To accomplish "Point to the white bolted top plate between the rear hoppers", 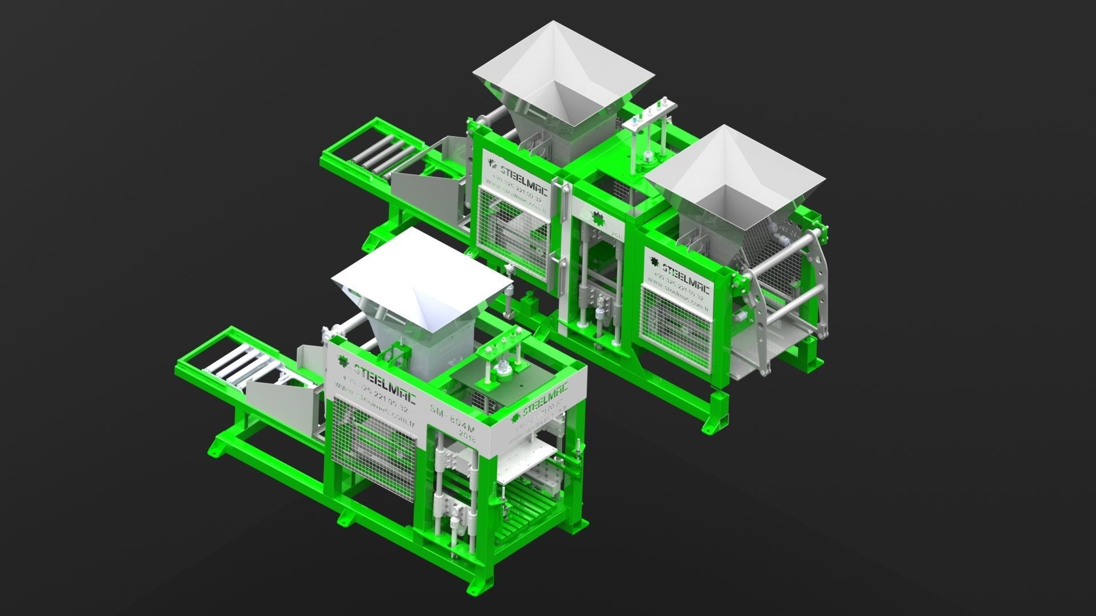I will (x=651, y=116).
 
